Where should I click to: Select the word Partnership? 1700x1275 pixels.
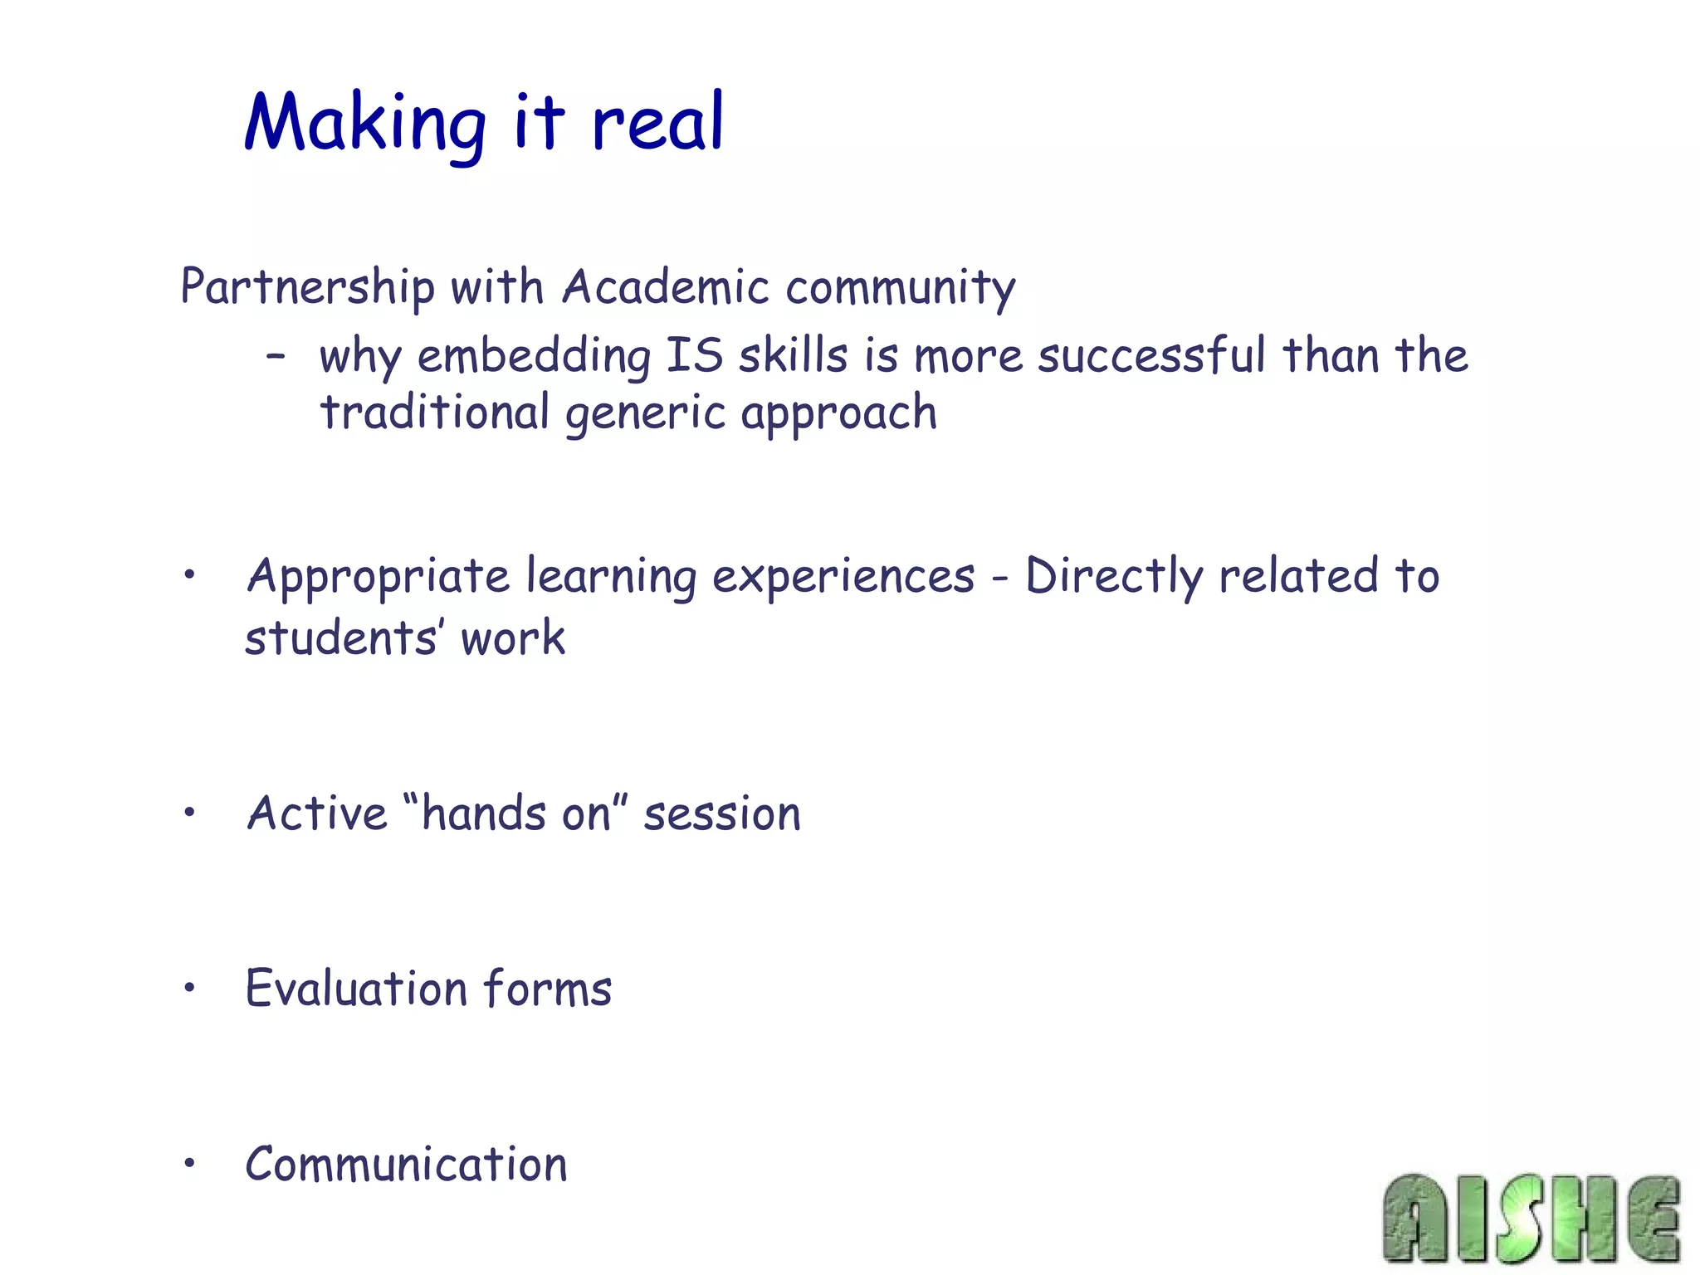[x=307, y=287]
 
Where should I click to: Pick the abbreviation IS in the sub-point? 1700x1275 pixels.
[x=695, y=355]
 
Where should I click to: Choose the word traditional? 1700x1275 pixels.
[x=435, y=413]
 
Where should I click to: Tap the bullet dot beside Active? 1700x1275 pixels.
[x=190, y=813]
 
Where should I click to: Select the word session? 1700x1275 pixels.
[x=722, y=814]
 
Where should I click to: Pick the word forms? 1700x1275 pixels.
[x=548, y=989]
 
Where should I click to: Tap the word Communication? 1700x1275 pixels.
[x=407, y=1165]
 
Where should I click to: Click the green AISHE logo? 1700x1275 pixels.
[x=1531, y=1219]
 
